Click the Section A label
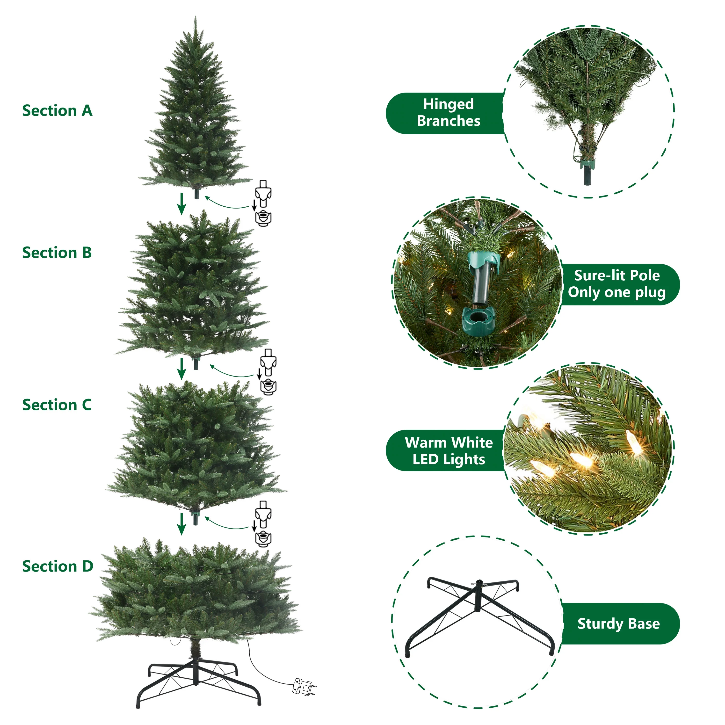click(57, 111)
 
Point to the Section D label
click(58, 566)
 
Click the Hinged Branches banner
click(447, 113)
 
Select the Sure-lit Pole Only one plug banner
click(619, 284)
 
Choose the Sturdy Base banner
click(619, 624)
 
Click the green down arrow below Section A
click(182, 204)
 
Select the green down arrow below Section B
click(182, 369)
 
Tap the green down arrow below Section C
click(182, 524)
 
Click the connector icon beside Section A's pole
click(263, 203)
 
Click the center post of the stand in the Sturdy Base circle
click(478, 596)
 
